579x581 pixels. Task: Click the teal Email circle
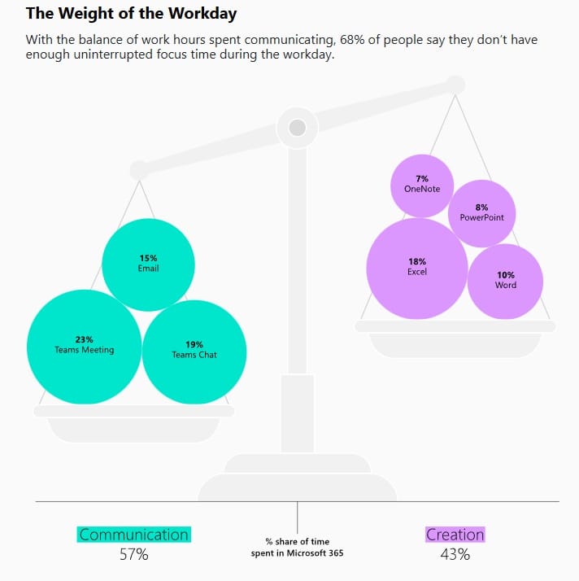point(148,264)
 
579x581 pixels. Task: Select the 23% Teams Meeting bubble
point(84,347)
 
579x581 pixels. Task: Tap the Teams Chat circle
point(194,352)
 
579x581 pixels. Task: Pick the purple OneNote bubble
point(422,186)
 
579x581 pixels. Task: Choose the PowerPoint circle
point(481,213)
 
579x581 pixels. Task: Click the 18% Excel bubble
point(417,269)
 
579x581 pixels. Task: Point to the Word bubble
point(505,282)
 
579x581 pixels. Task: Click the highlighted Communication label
point(133,535)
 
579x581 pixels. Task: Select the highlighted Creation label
point(455,535)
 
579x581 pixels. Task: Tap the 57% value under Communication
point(133,555)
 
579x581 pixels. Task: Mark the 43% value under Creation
point(455,555)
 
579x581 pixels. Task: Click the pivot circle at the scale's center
point(298,128)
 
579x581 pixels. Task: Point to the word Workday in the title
point(202,14)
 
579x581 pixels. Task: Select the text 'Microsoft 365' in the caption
point(315,553)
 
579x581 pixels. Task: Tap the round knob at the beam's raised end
point(455,85)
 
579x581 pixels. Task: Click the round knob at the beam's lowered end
point(140,170)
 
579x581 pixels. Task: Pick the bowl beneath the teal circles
point(133,423)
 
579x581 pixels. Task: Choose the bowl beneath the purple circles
point(455,339)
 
